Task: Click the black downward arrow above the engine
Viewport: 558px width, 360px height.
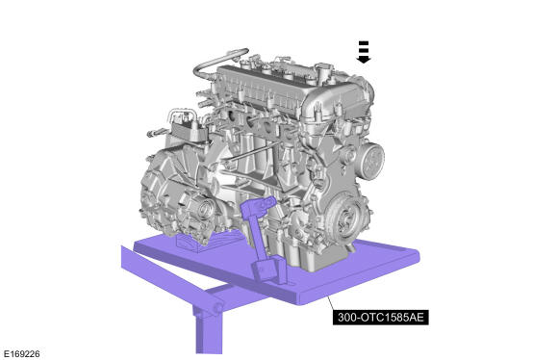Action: [364, 52]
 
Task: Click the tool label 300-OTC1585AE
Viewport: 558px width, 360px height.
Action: [380, 317]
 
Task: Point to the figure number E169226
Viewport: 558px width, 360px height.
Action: [22, 354]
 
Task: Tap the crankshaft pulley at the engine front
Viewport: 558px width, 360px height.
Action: [344, 217]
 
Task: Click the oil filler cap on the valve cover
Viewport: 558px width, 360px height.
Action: [322, 68]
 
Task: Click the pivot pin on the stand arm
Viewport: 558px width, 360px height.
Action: [217, 307]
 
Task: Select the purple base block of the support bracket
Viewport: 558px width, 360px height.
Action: [268, 270]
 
